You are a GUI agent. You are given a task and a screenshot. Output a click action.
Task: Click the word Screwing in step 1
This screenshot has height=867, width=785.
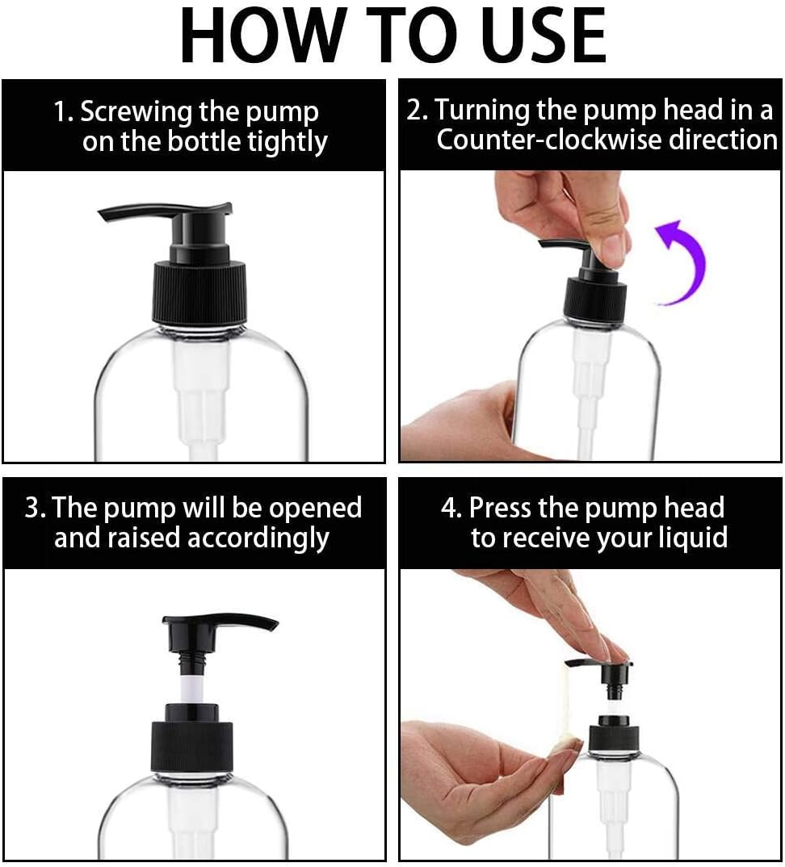136,111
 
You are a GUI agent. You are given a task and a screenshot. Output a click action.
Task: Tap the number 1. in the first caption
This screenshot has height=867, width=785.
63,111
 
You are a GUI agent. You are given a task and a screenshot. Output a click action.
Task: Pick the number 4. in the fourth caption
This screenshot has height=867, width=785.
451,508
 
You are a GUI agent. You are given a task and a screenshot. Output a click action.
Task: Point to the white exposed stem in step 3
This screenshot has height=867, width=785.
191,687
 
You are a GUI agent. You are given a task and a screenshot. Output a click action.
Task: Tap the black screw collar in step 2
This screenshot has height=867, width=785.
595,299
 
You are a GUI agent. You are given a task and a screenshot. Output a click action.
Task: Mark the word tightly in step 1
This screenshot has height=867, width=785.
287,142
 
